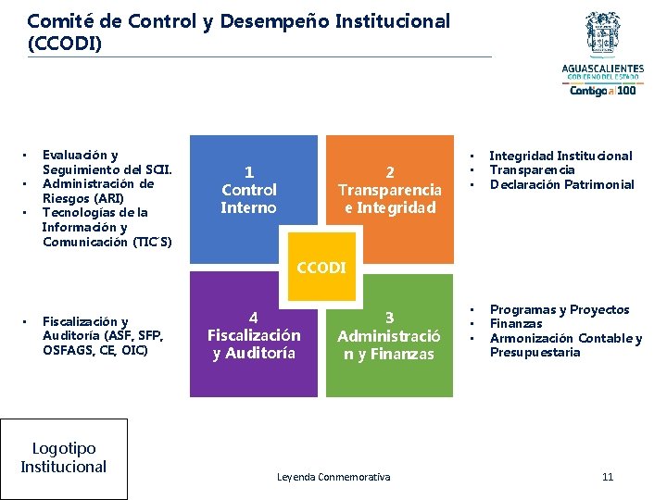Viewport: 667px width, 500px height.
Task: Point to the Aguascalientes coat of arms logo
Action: click(603, 35)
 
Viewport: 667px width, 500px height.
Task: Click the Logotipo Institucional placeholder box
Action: click(64, 457)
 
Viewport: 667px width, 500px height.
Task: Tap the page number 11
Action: click(608, 477)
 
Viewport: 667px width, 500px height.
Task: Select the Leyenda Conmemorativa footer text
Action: click(333, 477)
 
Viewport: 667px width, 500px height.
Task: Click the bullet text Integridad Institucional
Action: click(560, 156)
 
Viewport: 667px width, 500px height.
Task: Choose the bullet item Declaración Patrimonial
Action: click(561, 184)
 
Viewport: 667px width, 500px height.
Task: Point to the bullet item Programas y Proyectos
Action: click(559, 309)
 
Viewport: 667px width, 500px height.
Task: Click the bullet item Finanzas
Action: click(516, 324)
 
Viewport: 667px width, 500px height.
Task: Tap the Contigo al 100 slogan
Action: click(602, 91)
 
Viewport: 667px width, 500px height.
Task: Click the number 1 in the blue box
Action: click(248, 171)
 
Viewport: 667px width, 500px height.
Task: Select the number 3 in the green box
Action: click(389, 318)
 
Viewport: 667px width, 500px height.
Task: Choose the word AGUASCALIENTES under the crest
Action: click(603, 69)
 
